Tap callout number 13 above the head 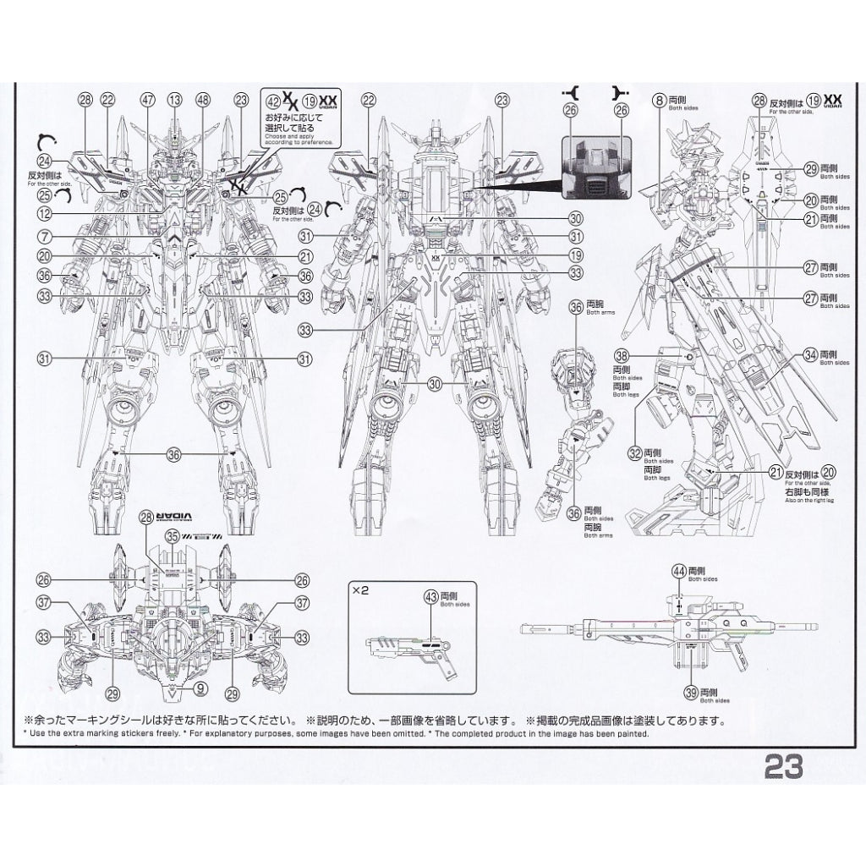click(175, 100)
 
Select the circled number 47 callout click(148, 100)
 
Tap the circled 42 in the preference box click(271, 100)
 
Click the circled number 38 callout click(622, 358)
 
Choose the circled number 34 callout click(810, 354)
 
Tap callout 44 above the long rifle click(679, 572)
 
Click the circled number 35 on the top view click(173, 535)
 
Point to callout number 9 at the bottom click(200, 688)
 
